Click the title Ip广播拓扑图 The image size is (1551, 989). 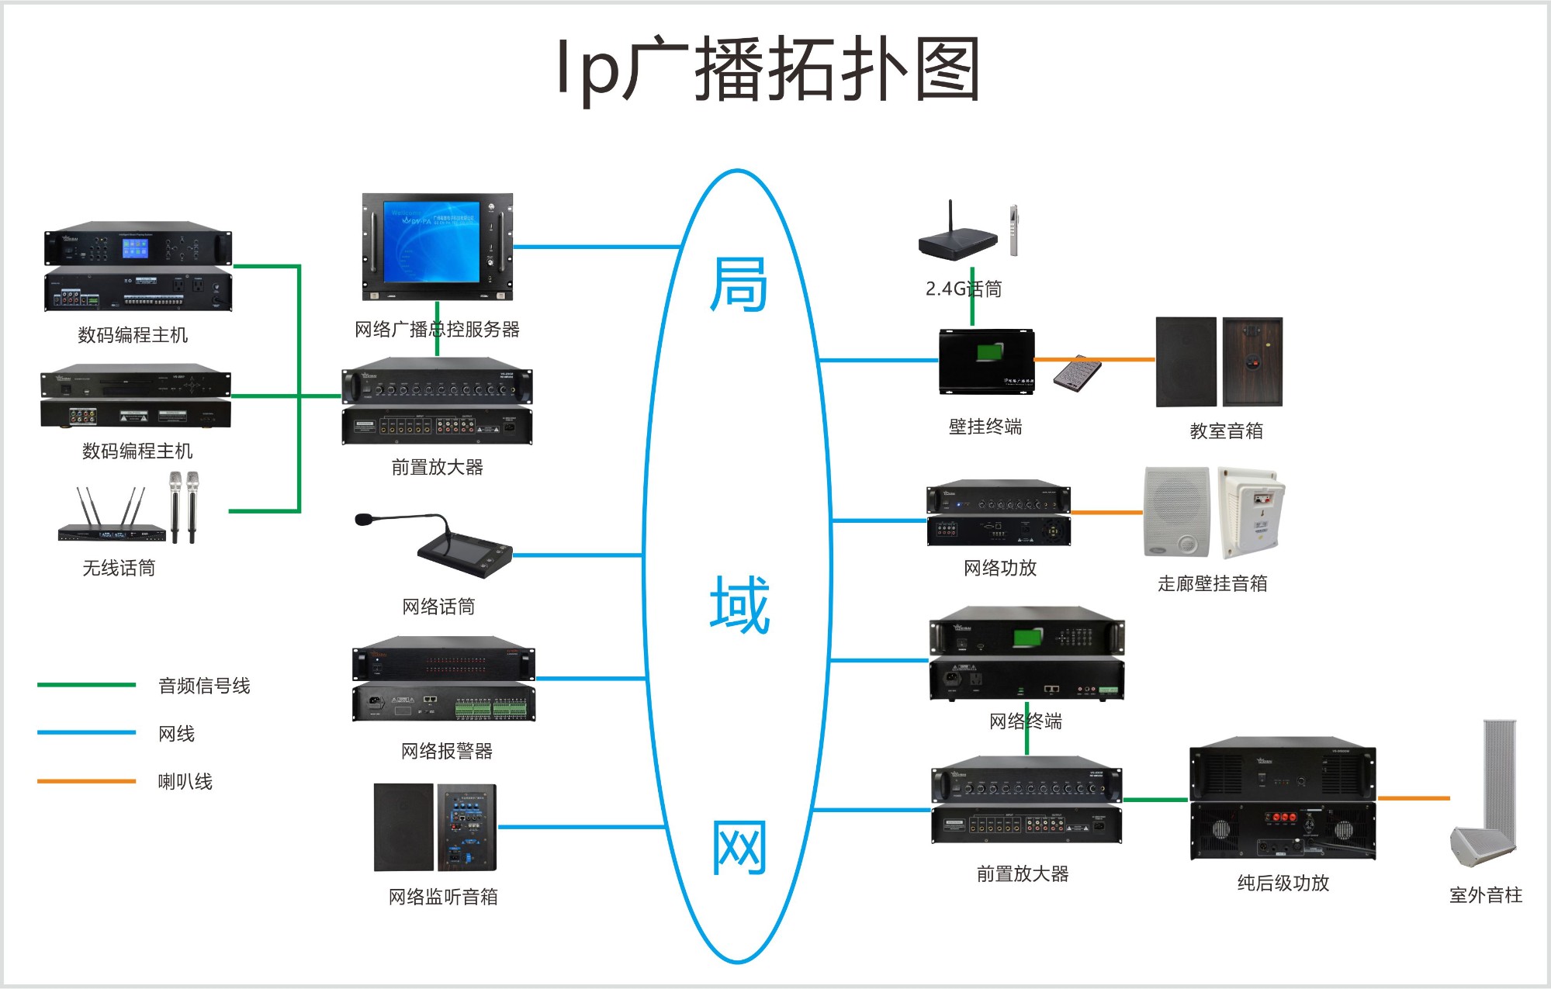click(768, 70)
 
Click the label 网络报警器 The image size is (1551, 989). click(447, 751)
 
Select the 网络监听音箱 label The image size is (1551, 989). click(443, 897)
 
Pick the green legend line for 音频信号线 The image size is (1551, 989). click(86, 685)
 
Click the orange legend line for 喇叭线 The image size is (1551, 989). click(86, 781)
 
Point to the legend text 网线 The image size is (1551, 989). click(176, 734)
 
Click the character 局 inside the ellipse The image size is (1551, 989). click(739, 285)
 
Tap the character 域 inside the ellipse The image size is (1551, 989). click(739, 605)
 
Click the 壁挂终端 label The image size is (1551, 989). click(985, 427)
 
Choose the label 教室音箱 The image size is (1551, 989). click(1226, 431)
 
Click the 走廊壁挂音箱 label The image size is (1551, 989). click(1212, 583)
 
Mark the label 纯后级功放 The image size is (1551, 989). click(1283, 883)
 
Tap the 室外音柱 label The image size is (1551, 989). click(1485, 895)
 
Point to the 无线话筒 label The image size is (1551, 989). click(119, 568)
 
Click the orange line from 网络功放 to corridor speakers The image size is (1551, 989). click(1106, 513)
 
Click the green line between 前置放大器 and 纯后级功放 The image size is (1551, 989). click(1155, 799)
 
